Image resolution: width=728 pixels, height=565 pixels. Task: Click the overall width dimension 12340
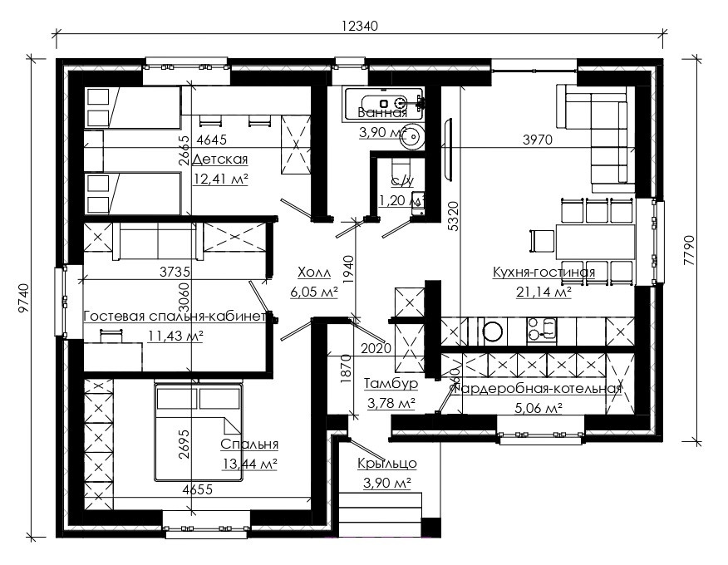coord(359,26)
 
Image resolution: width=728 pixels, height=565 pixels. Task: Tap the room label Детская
coord(219,160)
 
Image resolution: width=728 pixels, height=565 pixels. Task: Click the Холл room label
coord(313,273)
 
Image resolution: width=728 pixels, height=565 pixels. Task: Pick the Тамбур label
coord(391,384)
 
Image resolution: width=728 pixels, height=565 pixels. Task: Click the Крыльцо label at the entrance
coord(387,464)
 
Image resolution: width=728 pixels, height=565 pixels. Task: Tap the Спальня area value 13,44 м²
coord(249,464)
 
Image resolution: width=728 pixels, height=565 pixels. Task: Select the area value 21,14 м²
coord(544,292)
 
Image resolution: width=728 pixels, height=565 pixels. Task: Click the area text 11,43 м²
coord(175,335)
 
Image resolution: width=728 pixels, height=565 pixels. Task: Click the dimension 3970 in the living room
coord(537,140)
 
